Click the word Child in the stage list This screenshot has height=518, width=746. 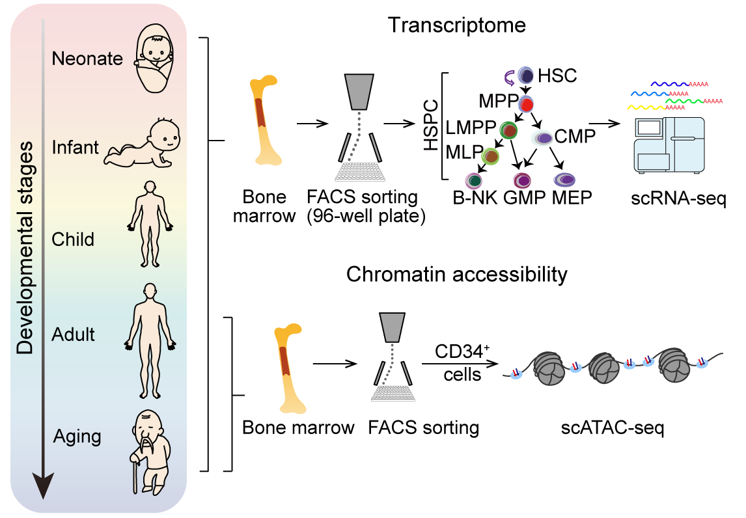73,239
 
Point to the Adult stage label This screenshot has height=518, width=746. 74,334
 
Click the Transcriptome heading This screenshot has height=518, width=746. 456,25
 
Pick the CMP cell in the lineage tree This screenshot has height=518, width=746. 542,137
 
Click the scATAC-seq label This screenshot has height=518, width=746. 613,428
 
